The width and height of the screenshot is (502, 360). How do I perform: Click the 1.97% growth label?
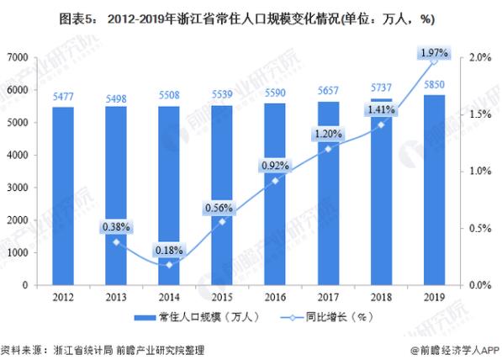(435, 54)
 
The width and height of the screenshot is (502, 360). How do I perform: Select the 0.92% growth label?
(274, 164)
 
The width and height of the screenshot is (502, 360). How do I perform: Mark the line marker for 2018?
(381, 124)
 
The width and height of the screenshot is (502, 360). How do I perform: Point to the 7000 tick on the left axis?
(19, 57)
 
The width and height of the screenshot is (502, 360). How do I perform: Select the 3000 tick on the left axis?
(19, 188)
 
